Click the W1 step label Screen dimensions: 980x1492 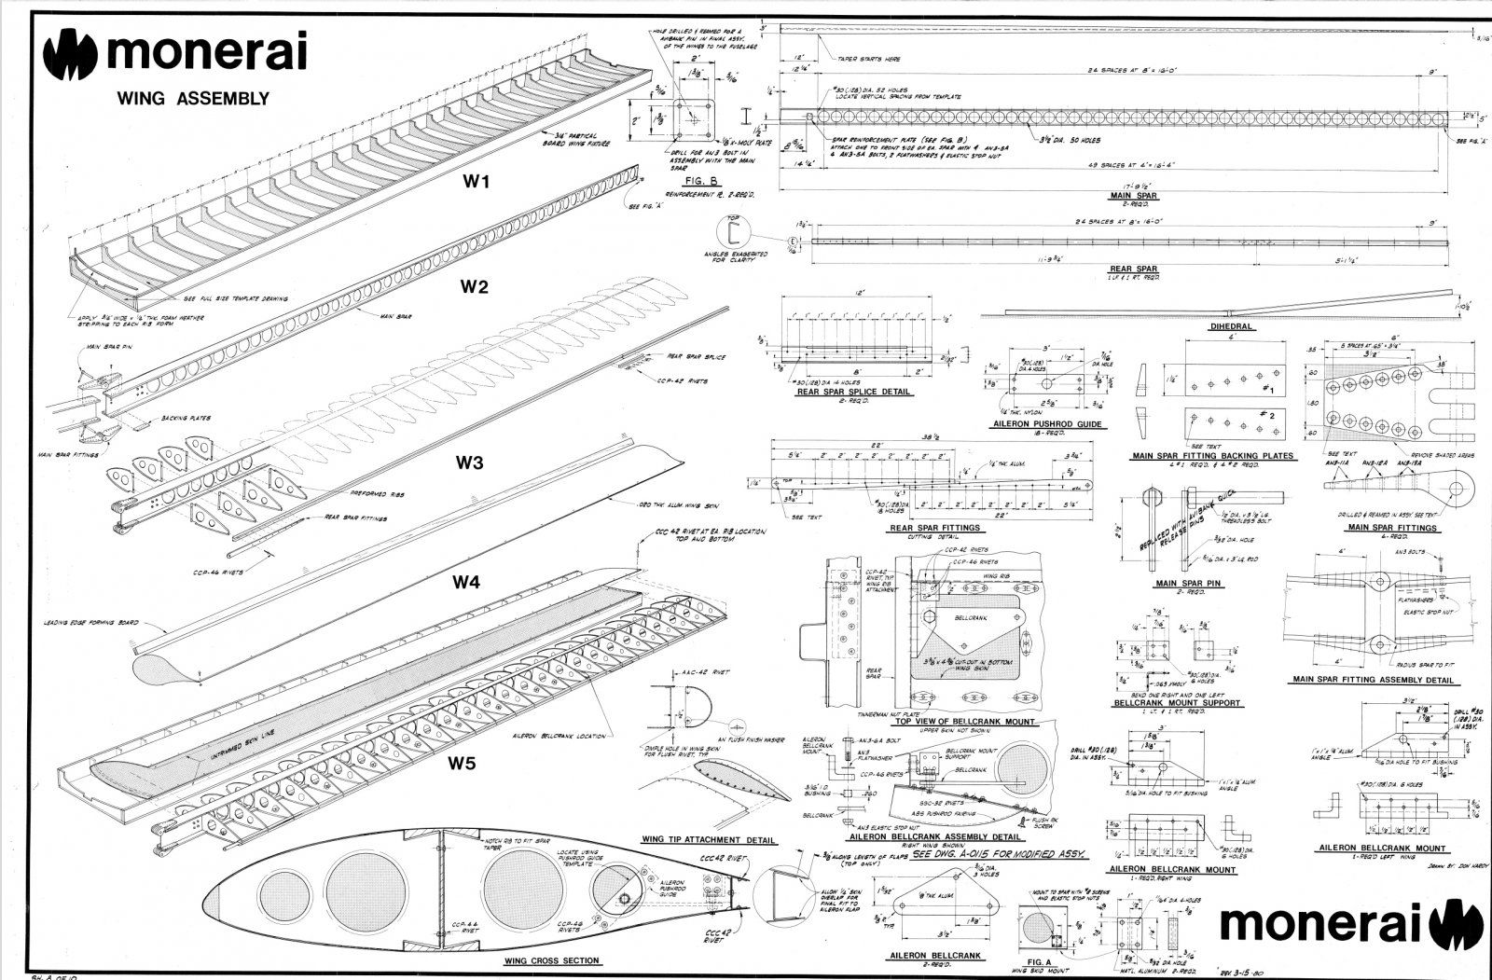point(477,183)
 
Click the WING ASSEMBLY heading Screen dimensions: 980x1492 point(193,98)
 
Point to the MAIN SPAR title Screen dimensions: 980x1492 point(1133,196)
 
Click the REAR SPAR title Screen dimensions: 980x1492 point(1134,269)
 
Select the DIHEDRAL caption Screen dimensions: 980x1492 point(1230,327)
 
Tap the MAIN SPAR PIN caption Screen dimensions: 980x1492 point(1189,584)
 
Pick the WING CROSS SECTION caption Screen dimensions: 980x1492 point(552,961)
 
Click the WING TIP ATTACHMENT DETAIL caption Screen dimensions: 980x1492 point(709,840)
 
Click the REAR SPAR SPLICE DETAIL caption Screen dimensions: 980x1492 point(852,393)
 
